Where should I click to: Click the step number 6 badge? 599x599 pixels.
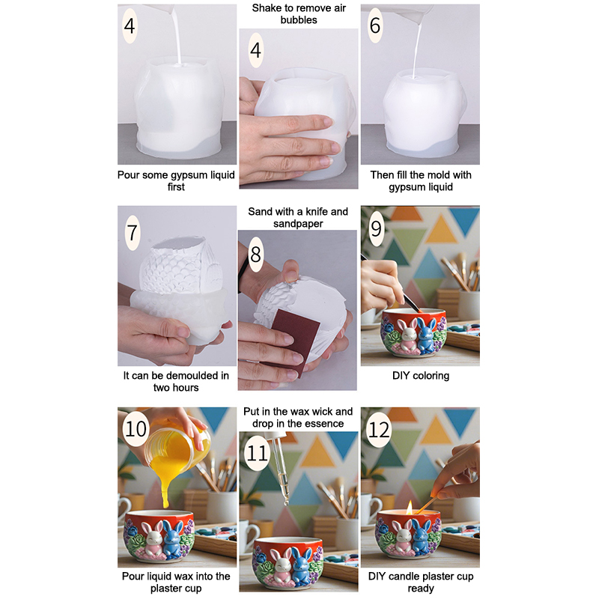point(375,25)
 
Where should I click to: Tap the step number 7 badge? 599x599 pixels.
point(133,233)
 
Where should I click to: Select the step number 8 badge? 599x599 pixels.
point(255,254)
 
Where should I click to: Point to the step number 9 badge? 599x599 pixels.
point(377,228)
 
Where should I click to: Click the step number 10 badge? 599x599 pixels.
point(136,428)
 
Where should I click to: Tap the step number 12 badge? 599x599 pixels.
point(379,429)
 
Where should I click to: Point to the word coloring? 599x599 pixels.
point(432,376)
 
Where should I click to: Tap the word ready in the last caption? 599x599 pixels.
point(421,589)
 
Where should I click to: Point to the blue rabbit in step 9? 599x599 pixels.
point(427,335)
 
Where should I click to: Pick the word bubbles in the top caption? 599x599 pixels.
point(299,20)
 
